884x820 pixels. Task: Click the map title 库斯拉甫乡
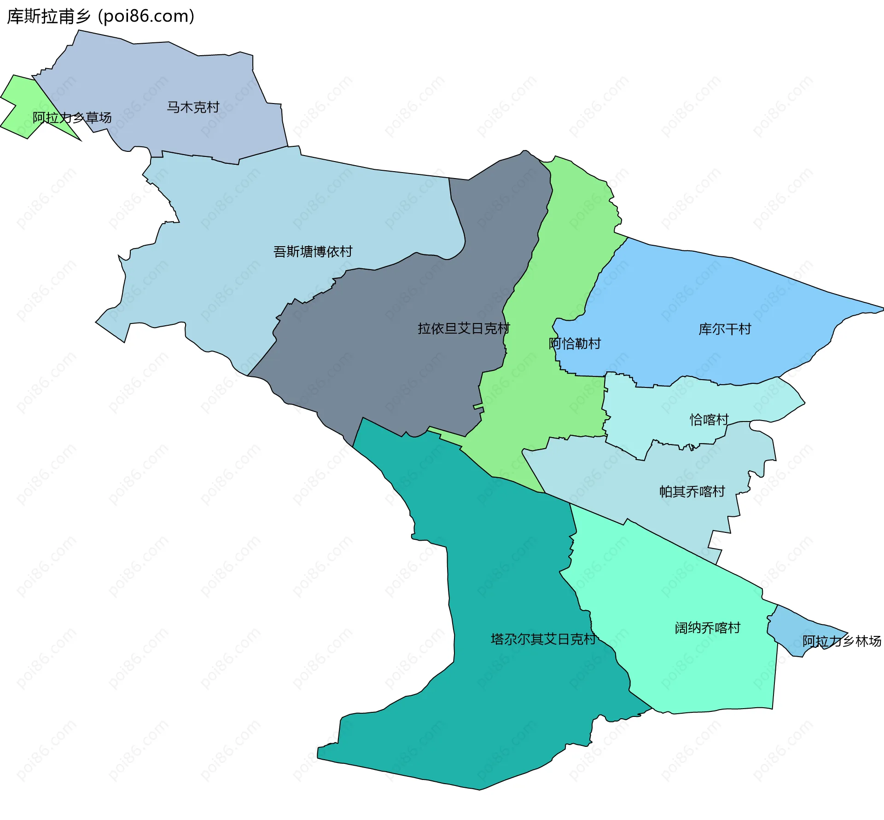pyautogui.click(x=49, y=17)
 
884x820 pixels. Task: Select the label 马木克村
pyautogui.click(x=193, y=107)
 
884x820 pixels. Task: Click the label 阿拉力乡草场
pyautogui.click(x=72, y=118)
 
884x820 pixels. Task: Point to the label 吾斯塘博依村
pyautogui.click(x=313, y=251)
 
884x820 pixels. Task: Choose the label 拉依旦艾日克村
pyautogui.click(x=464, y=329)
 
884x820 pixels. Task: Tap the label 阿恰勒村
pyautogui.click(x=575, y=343)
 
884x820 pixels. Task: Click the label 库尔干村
pyautogui.click(x=725, y=329)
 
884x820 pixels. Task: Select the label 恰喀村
pyautogui.click(x=709, y=420)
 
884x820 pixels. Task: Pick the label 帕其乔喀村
pyautogui.click(x=692, y=491)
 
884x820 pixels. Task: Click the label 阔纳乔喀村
pyautogui.click(x=708, y=628)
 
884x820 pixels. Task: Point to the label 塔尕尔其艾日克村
pyautogui.click(x=543, y=639)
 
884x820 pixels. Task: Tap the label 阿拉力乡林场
pyautogui.click(x=842, y=641)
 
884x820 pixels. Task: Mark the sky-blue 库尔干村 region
pyautogui.click(x=691, y=299)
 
